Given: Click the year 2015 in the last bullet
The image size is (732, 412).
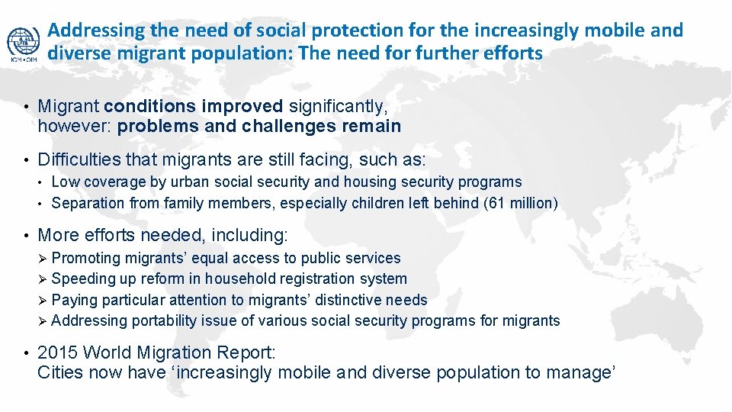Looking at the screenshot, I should point(58,352).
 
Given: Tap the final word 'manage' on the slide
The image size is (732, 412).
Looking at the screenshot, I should point(579,372).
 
